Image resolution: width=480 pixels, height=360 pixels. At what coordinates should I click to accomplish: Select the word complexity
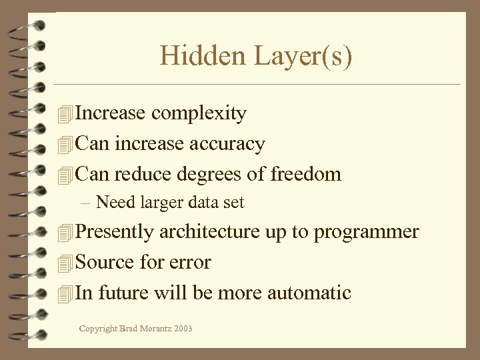point(199,114)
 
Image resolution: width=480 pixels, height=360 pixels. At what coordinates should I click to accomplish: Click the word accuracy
point(227,144)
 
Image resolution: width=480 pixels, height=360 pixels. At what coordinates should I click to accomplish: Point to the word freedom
point(306,174)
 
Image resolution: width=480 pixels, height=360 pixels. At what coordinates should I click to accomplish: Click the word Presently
point(115,233)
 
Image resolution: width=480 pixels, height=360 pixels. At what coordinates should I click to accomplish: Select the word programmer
point(366,233)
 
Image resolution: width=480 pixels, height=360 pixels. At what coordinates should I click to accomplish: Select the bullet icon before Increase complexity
point(64,115)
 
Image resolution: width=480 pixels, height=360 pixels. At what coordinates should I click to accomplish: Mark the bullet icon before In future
point(64,294)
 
